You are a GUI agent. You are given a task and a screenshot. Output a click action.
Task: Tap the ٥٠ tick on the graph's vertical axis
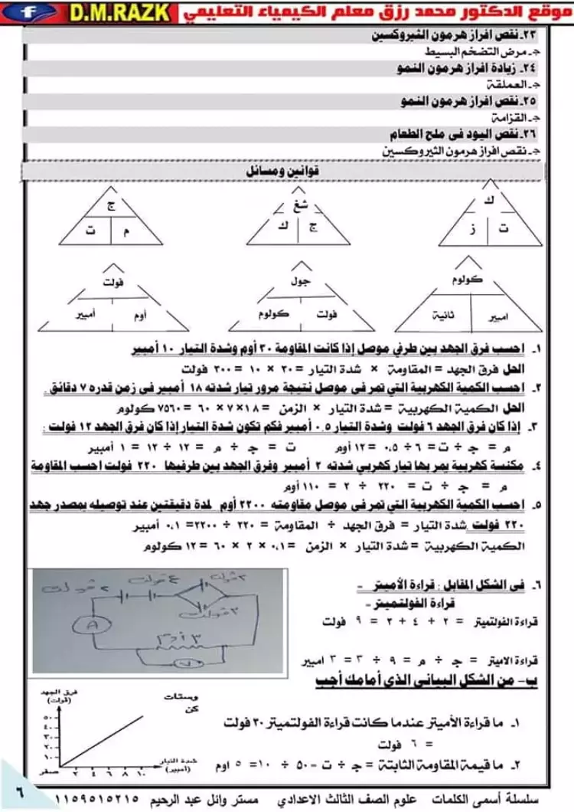tap(46, 719)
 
